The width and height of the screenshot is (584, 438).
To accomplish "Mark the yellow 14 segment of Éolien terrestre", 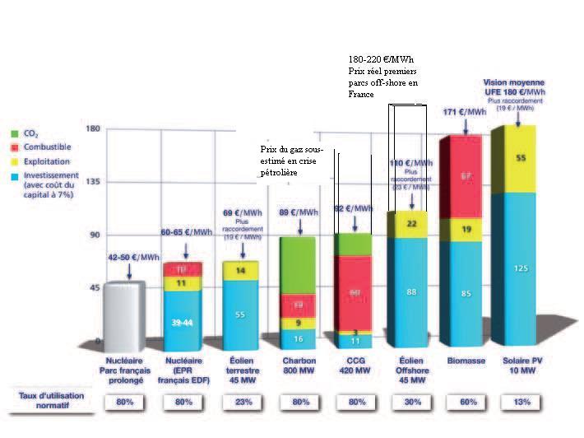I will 239,271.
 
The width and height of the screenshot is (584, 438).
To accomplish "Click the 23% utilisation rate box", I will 239,402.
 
